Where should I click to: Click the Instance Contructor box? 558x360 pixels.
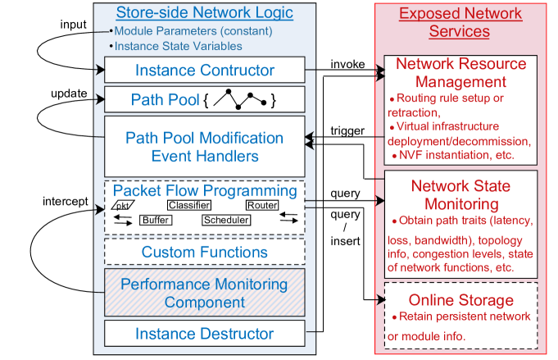(205, 70)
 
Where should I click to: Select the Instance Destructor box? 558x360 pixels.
(205, 334)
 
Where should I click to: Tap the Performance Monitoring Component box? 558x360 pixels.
(205, 293)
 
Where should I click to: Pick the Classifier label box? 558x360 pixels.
(189, 205)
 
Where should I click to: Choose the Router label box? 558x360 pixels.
(262, 205)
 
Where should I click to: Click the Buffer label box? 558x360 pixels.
(156, 220)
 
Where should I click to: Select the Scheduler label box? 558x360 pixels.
(226, 220)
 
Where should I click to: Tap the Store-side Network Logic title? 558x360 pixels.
(204, 13)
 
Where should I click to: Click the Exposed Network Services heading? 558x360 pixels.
(460, 22)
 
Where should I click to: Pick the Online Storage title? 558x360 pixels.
(461, 299)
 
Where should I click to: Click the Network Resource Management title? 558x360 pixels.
(460, 72)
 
